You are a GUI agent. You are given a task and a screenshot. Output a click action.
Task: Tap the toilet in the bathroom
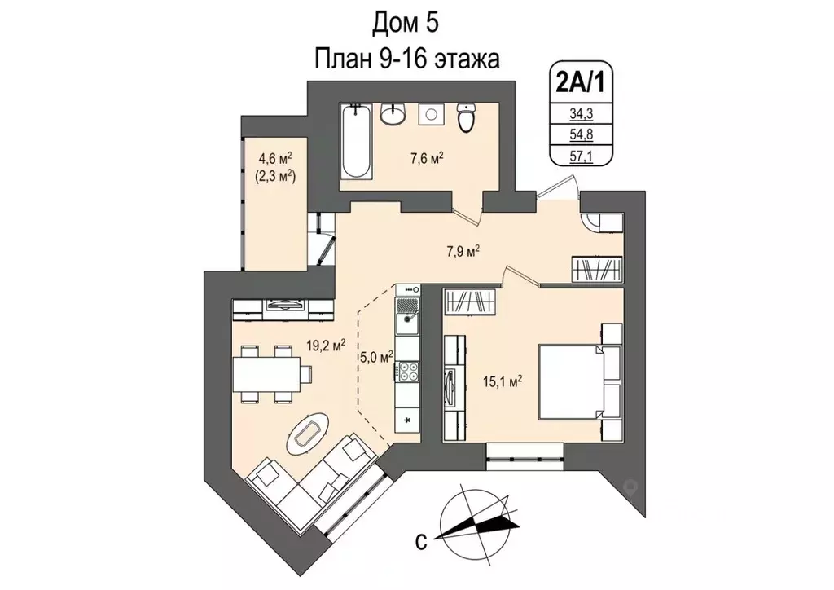[x=466, y=119]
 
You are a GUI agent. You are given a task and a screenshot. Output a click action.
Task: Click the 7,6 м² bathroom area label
[x=425, y=158]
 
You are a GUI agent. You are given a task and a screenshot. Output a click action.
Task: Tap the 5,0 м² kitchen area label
[x=376, y=356]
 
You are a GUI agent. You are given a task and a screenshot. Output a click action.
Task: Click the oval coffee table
[x=309, y=431]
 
